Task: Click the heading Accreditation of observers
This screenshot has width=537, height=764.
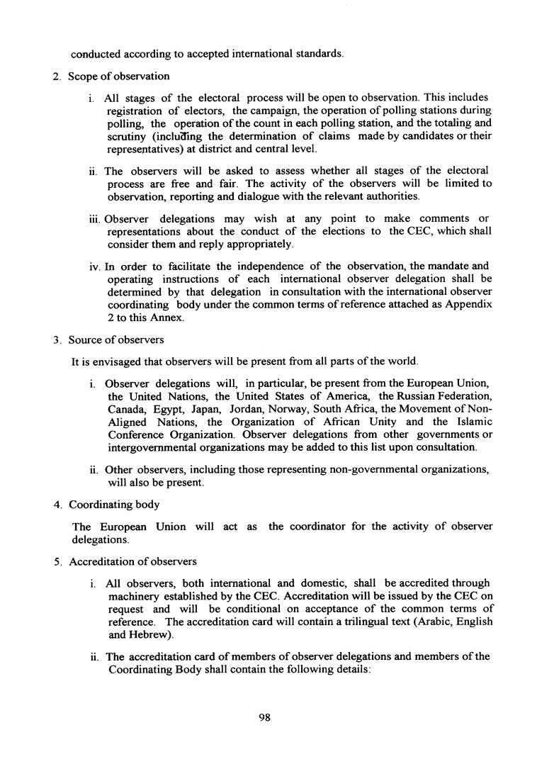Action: tap(132, 562)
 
